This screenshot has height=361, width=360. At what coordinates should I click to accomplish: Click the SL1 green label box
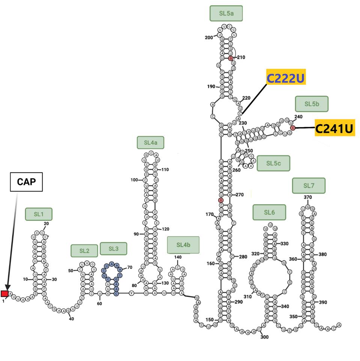39,214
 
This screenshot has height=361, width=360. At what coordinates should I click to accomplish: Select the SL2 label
84,251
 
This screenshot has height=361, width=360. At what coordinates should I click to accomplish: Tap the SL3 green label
113,248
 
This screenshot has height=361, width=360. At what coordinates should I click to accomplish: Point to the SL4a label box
151,142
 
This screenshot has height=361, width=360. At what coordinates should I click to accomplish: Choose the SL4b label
183,245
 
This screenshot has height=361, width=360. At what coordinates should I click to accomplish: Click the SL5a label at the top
226,14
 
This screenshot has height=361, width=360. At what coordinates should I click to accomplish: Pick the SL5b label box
312,104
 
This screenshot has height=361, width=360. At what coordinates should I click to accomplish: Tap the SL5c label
273,163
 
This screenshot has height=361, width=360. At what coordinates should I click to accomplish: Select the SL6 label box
269,212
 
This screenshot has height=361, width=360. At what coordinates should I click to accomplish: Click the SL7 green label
309,185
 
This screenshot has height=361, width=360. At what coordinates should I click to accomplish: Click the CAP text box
27,183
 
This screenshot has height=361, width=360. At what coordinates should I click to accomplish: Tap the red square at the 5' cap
5,293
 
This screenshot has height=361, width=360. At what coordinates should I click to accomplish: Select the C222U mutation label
285,78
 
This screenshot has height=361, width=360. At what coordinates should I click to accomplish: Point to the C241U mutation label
334,128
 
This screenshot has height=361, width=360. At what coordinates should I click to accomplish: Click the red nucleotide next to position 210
231,58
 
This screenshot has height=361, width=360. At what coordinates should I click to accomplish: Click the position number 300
264,337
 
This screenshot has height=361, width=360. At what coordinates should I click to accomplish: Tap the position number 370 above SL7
308,197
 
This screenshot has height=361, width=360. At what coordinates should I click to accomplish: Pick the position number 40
71,319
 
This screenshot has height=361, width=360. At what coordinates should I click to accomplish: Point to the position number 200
209,37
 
